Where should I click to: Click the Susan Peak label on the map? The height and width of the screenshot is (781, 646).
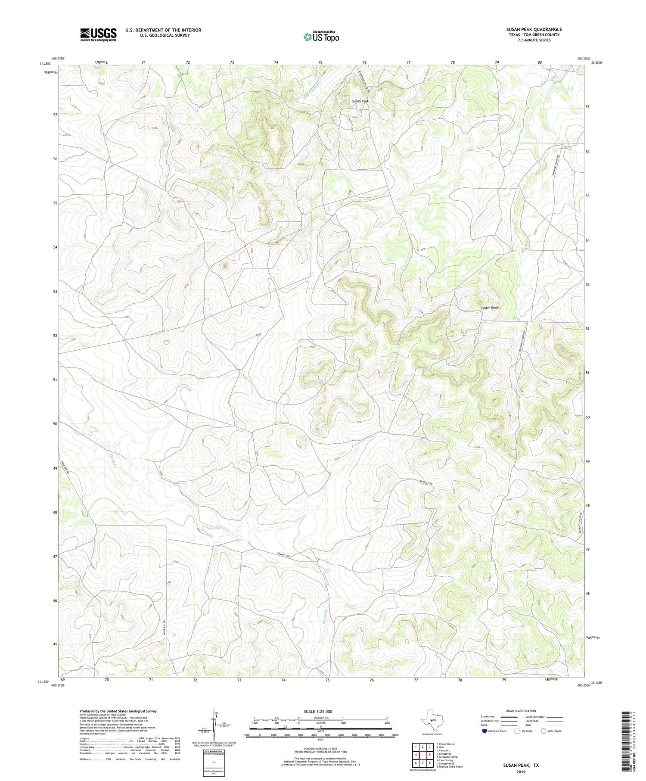(360, 101)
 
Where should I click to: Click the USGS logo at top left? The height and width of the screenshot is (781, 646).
(98, 34)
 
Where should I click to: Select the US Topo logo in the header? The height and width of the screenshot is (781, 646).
(320, 37)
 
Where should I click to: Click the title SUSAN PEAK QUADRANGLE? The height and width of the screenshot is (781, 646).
(534, 29)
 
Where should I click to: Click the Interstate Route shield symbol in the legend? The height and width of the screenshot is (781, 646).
(484, 731)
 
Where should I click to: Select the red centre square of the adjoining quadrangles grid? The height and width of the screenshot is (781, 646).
(423, 755)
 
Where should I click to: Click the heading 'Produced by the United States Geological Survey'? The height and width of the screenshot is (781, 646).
(118, 711)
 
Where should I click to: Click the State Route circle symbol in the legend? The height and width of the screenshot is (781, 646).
(544, 731)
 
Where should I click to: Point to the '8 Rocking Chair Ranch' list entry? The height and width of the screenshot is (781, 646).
(450, 767)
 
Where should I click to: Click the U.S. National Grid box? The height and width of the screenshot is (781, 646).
(214, 762)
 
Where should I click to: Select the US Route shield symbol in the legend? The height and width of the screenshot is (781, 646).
(518, 731)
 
